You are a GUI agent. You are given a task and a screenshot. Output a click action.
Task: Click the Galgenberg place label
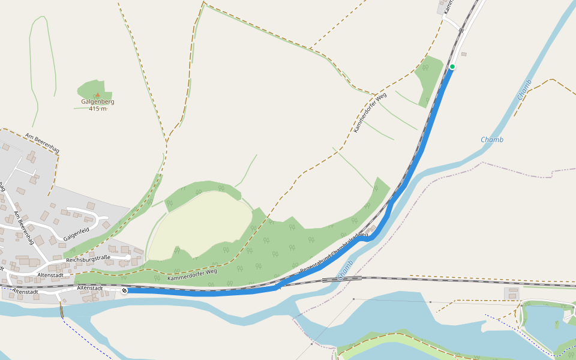98,102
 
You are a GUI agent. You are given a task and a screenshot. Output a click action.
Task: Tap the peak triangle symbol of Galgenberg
98,95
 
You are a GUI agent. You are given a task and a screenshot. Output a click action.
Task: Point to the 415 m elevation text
98,109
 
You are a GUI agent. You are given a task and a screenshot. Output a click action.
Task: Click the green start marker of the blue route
452,67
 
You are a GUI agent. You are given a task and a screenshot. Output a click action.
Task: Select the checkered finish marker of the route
124,291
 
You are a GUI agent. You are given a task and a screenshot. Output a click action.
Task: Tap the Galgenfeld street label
76,235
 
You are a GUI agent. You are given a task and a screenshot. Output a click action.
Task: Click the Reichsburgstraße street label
88,259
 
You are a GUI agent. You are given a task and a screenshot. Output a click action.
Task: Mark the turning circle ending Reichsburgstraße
128,257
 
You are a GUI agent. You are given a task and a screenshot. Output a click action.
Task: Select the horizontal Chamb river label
492,140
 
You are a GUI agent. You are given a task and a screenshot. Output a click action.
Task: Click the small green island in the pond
557,325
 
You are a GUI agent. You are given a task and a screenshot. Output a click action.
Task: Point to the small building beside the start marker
464,55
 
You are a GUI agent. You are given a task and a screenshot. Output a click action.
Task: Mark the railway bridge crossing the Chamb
342,279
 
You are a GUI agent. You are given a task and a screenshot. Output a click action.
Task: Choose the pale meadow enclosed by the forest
201,225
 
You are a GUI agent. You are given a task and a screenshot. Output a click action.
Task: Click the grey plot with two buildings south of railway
512,293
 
